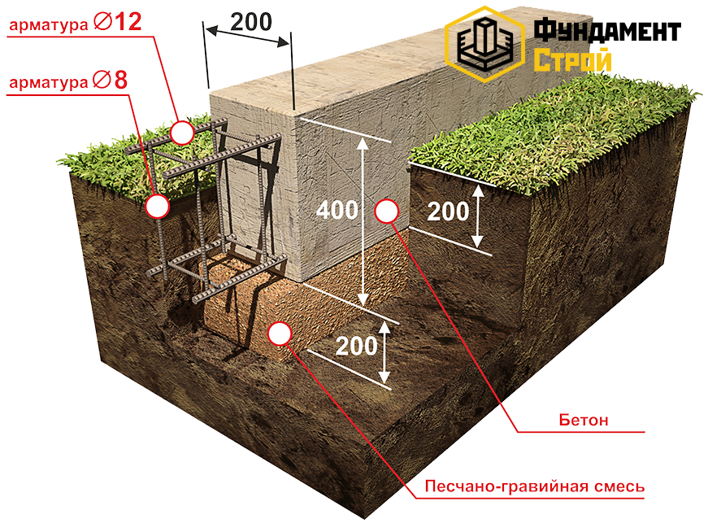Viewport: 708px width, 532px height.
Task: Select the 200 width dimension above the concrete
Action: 250,21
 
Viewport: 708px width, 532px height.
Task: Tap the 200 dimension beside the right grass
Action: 448,211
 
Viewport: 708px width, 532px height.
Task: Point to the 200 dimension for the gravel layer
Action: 356,346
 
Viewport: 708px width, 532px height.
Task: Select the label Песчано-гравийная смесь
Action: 535,486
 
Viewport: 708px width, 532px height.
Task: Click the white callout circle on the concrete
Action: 387,211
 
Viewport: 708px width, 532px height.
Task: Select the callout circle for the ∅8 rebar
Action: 157,206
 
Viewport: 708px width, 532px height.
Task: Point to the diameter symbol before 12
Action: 102,23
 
